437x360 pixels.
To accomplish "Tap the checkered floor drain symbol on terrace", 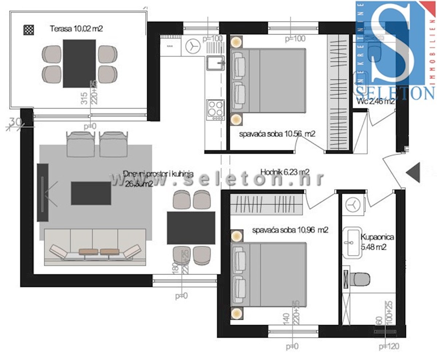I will click(28, 29).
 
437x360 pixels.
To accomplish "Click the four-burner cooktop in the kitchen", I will click(215, 109).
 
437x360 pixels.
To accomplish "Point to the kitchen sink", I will click(216, 63).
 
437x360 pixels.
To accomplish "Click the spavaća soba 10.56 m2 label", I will click(277, 134).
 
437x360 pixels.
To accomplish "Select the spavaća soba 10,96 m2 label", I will click(290, 230).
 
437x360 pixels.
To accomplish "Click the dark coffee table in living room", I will click(91, 193).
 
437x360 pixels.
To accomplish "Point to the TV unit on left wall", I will click(43, 192).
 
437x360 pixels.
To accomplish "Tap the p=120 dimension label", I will click(389, 346).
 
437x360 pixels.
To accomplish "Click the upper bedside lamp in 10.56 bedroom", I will click(236, 42).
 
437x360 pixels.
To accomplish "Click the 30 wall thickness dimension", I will click(15, 122).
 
